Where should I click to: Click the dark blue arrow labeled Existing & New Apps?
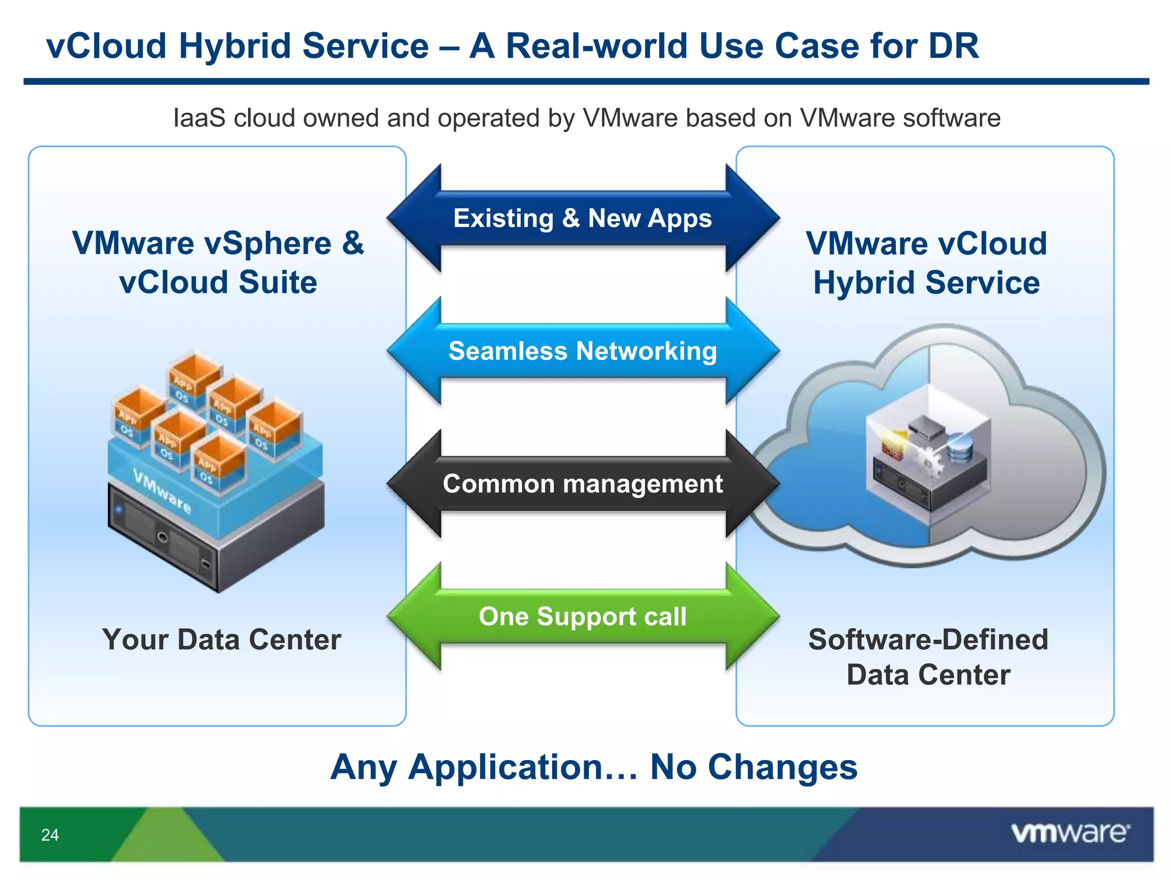(582, 219)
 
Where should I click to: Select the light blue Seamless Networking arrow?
(582, 351)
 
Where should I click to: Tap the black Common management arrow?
(582, 484)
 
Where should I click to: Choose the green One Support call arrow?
(582, 616)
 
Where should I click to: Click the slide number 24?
(50, 835)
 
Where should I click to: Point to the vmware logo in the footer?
(1070, 833)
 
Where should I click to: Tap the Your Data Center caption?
(222, 640)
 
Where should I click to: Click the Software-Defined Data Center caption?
(928, 657)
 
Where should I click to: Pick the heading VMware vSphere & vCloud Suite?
(218, 263)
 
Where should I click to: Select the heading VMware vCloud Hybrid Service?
(926, 263)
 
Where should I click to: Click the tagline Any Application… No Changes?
(594, 767)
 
